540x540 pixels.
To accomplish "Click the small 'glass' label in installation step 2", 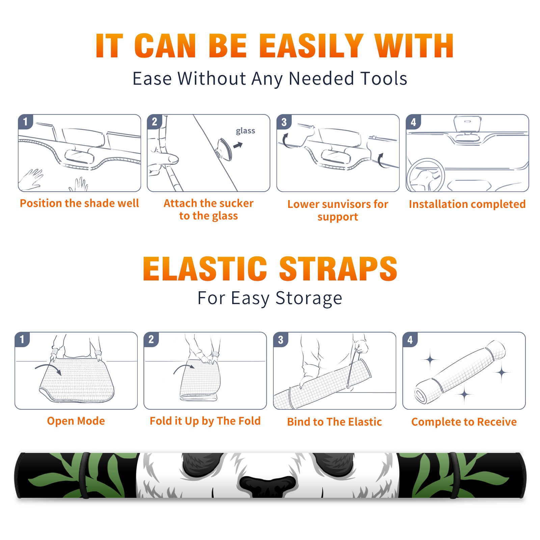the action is click(x=245, y=131).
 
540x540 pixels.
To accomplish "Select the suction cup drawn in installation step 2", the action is click(x=224, y=149).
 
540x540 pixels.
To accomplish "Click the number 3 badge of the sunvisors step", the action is click(x=284, y=122).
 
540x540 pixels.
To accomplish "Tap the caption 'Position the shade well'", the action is click(x=79, y=203).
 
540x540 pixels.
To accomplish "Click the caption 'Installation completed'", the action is click(x=467, y=204).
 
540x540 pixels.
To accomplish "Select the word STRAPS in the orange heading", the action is click(x=338, y=269).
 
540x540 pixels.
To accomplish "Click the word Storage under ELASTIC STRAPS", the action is click(x=309, y=299).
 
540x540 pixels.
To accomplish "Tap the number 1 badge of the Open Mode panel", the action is click(x=22, y=339).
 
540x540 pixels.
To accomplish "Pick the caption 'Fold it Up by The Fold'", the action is click(x=205, y=421).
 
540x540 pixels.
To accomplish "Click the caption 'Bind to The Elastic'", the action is click(x=334, y=422).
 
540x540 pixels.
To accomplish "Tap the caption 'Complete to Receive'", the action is click(x=464, y=422).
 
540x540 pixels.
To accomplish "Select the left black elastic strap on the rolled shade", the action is click(x=84, y=476).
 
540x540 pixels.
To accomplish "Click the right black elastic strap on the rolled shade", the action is click(x=454, y=476).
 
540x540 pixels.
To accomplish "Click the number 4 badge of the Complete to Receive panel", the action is click(x=410, y=340).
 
